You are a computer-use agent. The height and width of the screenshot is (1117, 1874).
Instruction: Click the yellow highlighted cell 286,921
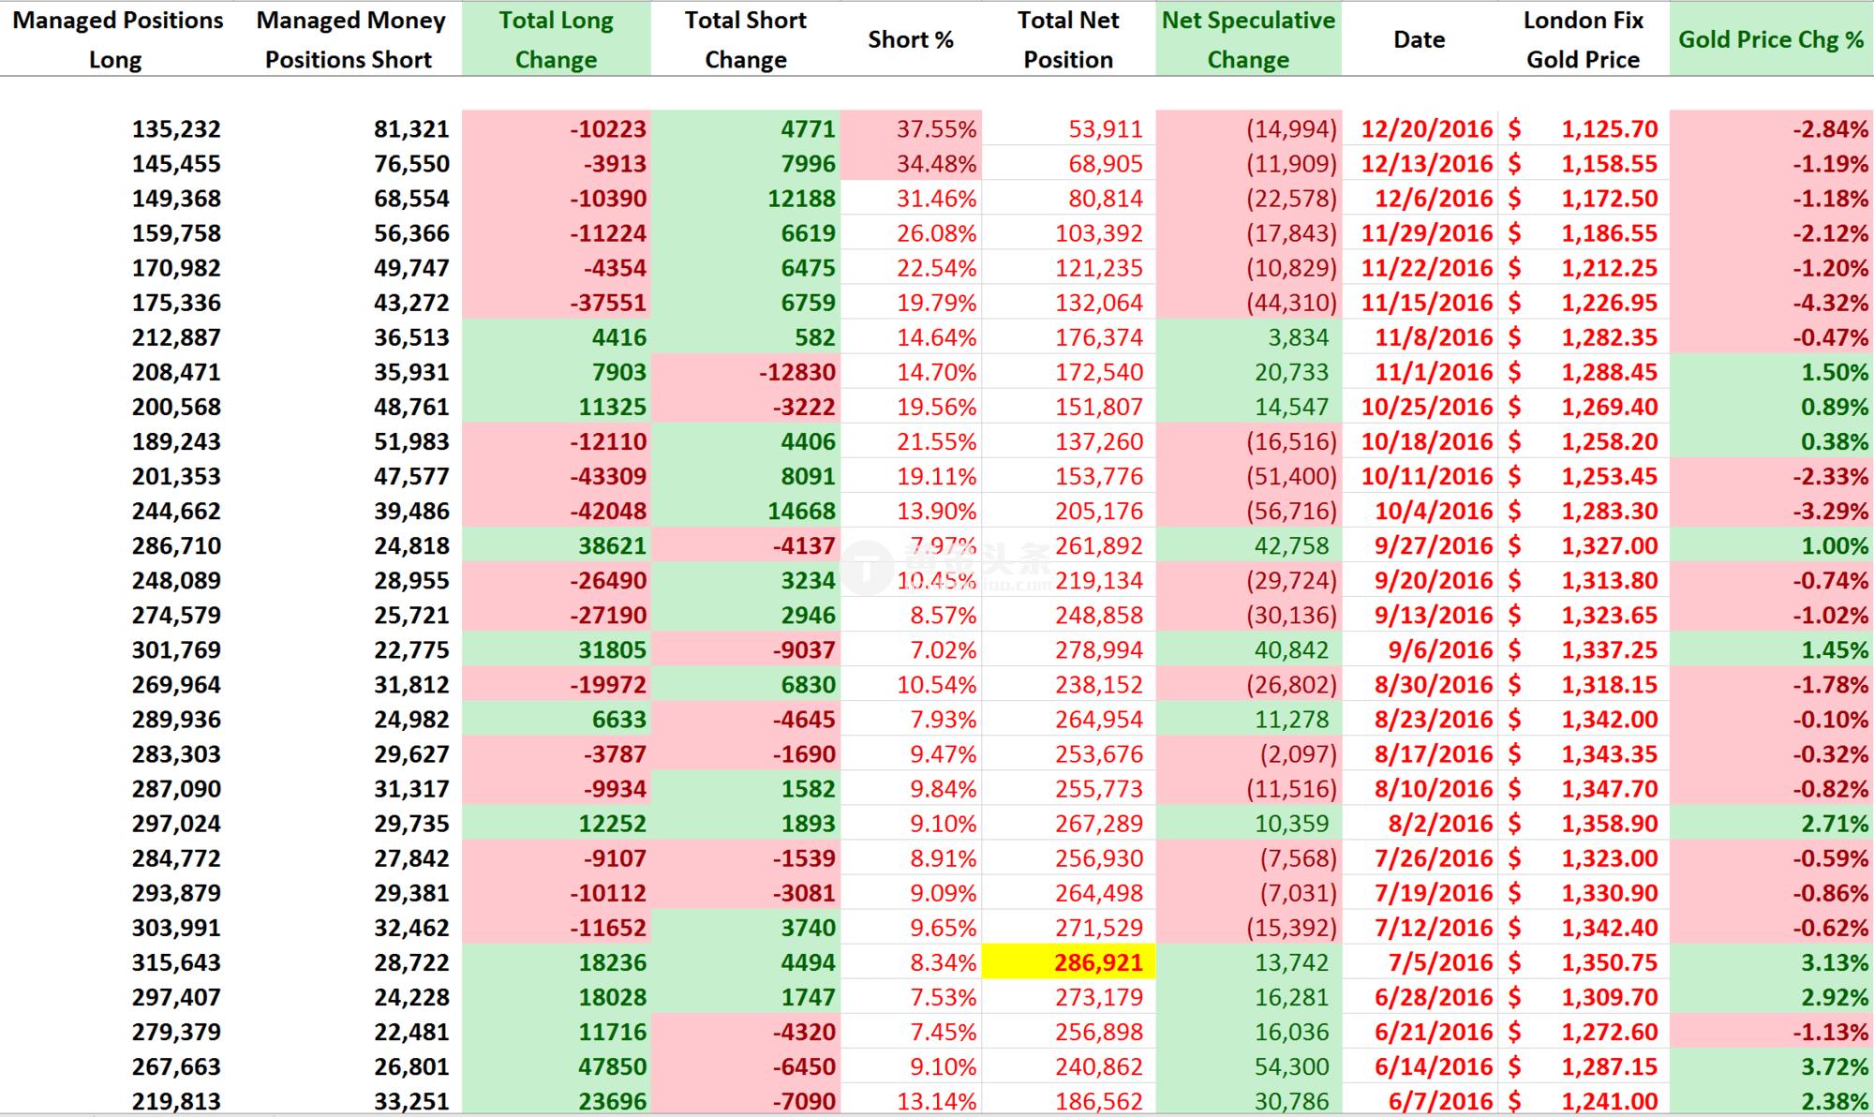click(1098, 962)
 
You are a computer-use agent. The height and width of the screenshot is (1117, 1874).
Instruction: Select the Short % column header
click(910, 39)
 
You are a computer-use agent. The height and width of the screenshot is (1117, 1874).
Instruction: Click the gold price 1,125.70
click(1609, 129)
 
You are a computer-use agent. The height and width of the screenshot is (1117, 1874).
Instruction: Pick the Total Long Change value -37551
click(608, 303)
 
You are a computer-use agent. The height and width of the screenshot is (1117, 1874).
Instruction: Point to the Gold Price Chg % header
click(1771, 39)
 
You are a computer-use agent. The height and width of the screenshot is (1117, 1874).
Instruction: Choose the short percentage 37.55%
click(936, 129)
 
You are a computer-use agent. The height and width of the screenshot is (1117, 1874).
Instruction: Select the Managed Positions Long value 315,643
click(176, 962)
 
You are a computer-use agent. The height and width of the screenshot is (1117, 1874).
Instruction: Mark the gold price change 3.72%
click(1834, 1066)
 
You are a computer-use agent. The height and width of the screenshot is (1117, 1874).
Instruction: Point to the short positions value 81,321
click(411, 129)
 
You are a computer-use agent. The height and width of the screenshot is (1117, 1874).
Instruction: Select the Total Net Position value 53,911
click(1106, 129)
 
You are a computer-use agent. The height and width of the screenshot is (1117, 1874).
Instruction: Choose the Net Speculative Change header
click(1248, 39)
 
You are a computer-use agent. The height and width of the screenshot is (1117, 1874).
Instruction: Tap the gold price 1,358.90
click(1609, 824)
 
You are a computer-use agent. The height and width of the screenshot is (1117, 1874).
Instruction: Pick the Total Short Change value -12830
click(796, 372)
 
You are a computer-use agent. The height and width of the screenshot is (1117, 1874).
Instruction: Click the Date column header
click(1419, 39)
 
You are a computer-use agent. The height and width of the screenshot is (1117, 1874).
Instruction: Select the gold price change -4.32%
click(1830, 303)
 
